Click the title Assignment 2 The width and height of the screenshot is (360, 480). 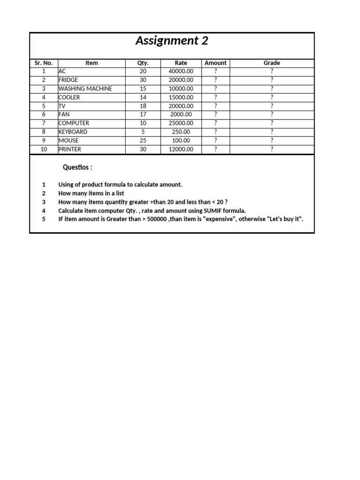pyautogui.click(x=172, y=41)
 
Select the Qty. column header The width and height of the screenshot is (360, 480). pyautogui.click(x=143, y=63)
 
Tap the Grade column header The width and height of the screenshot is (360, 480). pyautogui.click(x=272, y=63)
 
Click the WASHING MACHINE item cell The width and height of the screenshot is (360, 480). pyautogui.click(x=85, y=89)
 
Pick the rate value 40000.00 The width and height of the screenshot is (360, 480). pyautogui.click(x=180, y=71)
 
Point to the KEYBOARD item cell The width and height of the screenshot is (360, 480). pyautogui.click(x=73, y=132)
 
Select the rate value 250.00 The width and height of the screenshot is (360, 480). pyautogui.click(x=180, y=132)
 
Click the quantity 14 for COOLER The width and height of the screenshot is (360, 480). pyautogui.click(x=143, y=97)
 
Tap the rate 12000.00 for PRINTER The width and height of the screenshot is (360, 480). pyautogui.click(x=180, y=149)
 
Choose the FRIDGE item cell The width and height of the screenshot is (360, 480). pyautogui.click(x=68, y=80)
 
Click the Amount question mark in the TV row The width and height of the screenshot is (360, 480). pyautogui.click(x=216, y=106)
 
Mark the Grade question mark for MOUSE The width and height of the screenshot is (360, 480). pyautogui.click(x=272, y=141)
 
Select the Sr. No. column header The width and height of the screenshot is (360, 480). pyautogui.click(x=44, y=63)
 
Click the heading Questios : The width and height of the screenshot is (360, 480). pyautogui.click(x=77, y=167)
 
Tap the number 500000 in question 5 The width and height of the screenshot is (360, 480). pyautogui.click(x=156, y=219)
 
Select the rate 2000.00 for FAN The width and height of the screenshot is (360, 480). pyautogui.click(x=180, y=114)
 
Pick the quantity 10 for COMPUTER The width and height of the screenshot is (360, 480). pyautogui.click(x=143, y=123)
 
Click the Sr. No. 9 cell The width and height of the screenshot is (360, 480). pyautogui.click(x=44, y=141)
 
